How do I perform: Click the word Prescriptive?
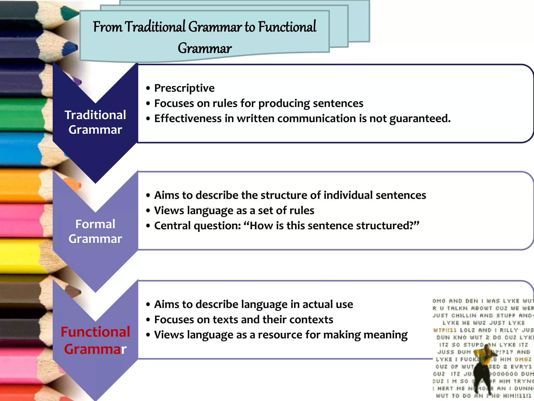(184, 88)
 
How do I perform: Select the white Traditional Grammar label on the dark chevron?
(95, 122)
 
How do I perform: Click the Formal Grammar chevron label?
(95, 231)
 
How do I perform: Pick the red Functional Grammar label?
(95, 340)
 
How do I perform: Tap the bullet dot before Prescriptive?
(148, 88)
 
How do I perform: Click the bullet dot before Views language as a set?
(148, 210)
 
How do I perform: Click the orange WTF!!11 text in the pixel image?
(445, 330)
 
